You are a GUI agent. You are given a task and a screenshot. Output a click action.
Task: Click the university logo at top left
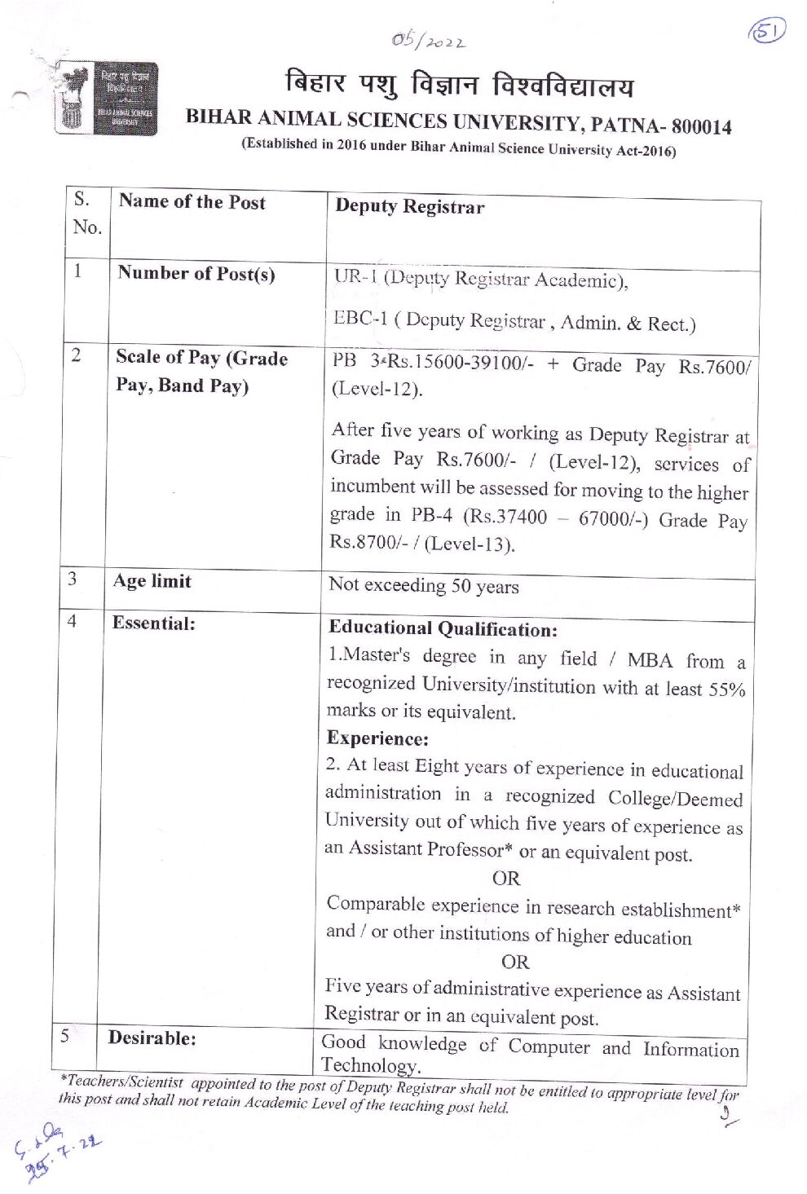106,98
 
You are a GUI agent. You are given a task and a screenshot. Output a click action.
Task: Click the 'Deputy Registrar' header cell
409,207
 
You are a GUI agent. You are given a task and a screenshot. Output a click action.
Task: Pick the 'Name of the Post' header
192,202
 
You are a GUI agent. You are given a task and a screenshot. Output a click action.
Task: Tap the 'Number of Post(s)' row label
196,273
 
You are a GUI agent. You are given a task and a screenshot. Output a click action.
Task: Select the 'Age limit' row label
152,581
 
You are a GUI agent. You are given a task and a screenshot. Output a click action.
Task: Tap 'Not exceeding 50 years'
423,585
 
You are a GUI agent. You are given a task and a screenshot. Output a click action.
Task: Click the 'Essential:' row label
153,623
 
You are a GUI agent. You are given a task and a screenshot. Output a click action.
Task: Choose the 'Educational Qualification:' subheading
443,628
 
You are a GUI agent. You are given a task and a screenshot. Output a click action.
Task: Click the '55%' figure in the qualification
727,689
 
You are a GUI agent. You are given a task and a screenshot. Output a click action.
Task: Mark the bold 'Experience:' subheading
377,738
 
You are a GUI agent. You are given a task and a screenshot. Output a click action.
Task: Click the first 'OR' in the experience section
505,878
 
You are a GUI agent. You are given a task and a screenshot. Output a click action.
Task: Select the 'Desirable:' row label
152,1038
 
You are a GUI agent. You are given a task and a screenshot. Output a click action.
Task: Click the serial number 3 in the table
73,579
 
